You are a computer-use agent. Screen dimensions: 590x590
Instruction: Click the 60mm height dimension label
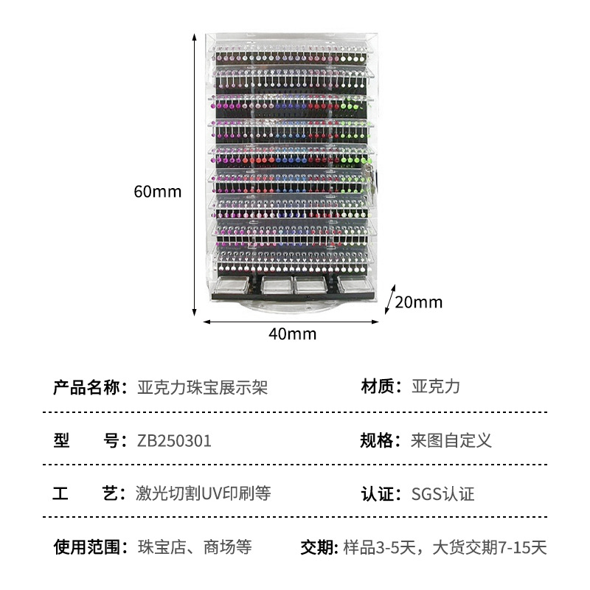[157, 191]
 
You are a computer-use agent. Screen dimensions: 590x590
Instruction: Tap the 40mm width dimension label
[292, 333]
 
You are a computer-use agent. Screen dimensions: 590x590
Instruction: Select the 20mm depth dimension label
[418, 302]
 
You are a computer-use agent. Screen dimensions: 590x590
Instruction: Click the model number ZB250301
[174, 441]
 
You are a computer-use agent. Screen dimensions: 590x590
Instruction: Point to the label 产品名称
[86, 388]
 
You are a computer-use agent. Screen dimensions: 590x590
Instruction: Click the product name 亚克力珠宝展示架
[202, 388]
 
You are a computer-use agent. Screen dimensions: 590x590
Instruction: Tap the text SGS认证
[442, 494]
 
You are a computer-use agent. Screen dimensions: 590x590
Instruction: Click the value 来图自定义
[451, 441]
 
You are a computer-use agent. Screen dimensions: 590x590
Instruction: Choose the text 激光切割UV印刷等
[204, 494]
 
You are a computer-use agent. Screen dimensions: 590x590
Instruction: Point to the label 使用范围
[86, 547]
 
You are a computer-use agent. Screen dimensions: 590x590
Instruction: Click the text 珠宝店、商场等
[195, 547]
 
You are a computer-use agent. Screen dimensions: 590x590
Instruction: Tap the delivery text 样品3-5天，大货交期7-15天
[445, 547]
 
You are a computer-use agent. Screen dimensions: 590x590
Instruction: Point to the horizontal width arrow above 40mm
[291, 321]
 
